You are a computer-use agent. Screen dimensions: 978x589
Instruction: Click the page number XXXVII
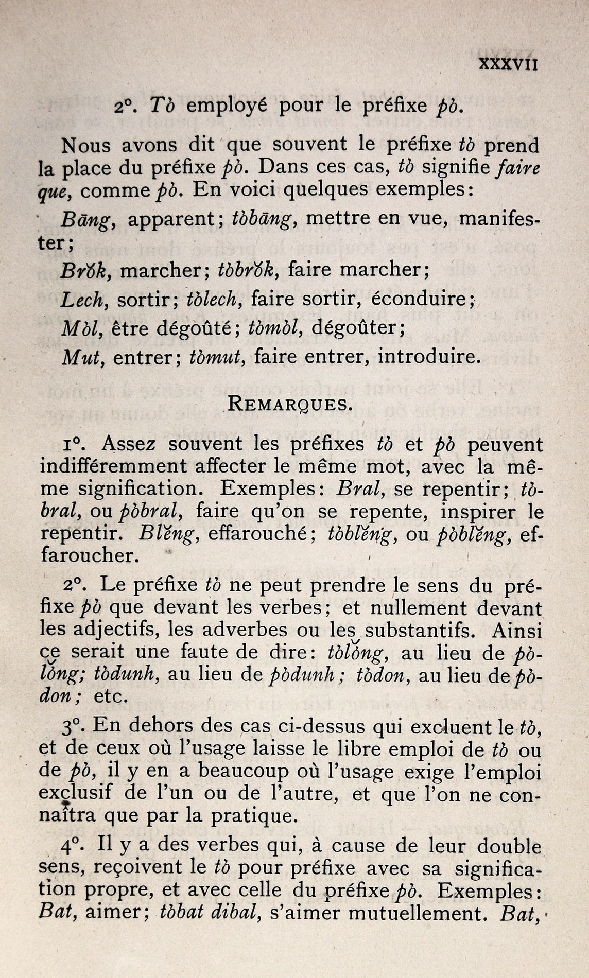pos(508,65)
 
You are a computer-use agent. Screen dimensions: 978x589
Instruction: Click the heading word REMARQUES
pos(290,403)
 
